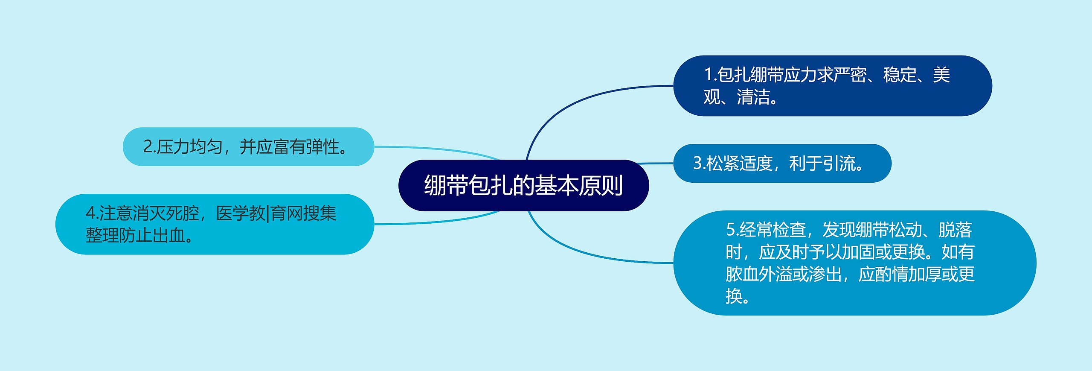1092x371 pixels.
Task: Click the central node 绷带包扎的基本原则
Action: tap(523, 185)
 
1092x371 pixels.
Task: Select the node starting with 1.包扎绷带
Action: tap(832, 86)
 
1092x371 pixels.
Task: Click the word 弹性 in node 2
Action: tap(322, 147)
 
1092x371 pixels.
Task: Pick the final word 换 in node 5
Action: tap(734, 296)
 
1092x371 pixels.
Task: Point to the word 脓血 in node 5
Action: tap(742, 274)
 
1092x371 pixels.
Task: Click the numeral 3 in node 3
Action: tap(697, 163)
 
